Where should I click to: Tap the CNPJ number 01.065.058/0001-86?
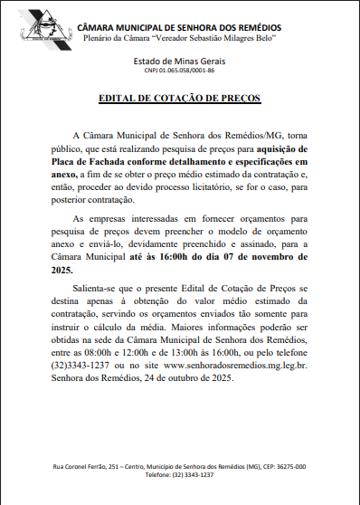[x=179, y=70]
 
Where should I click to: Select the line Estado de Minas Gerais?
[x=179, y=60]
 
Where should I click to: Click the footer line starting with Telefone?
[x=179, y=475]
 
